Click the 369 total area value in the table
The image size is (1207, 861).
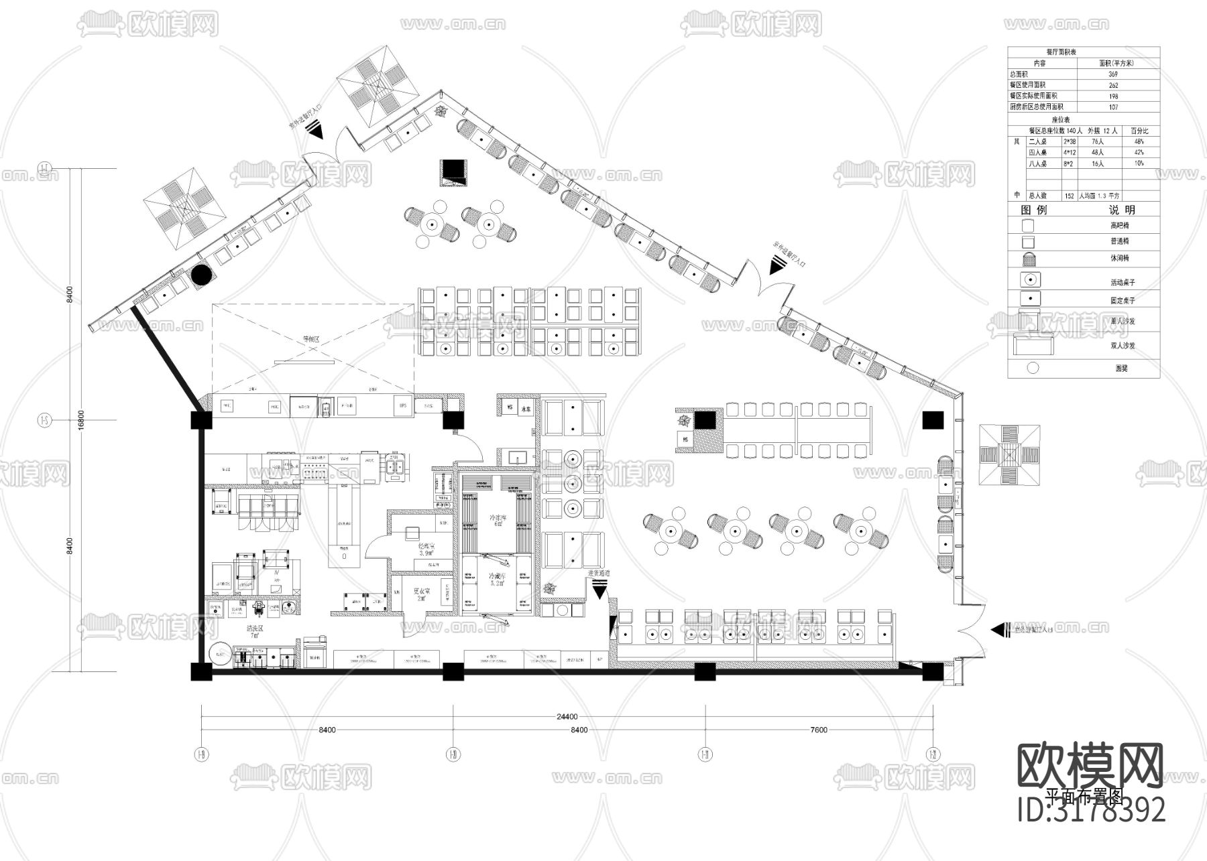(1113, 74)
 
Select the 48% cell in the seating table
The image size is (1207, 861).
(1139, 142)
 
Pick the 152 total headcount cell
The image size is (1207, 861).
(1070, 196)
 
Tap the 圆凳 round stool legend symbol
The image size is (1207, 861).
(1033, 367)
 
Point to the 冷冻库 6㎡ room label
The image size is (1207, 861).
(498, 521)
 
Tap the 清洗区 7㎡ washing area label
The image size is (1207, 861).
(255, 633)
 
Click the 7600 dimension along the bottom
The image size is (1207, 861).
(818, 730)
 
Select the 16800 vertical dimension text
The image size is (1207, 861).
(80, 420)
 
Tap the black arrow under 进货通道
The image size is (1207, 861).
(599, 590)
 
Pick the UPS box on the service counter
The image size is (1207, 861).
(403, 405)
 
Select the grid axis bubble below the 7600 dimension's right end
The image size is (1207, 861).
(933, 754)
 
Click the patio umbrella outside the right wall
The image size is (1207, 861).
(1010, 456)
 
